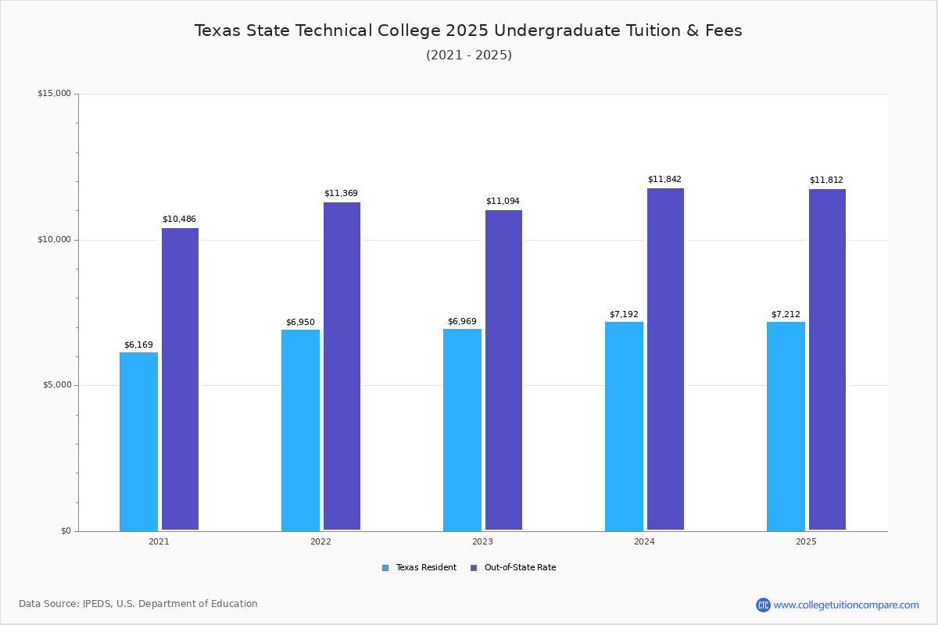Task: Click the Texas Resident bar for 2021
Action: click(138, 441)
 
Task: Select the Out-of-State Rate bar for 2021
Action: click(180, 379)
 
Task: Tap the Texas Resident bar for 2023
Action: click(462, 430)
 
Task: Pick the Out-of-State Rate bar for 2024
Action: click(665, 359)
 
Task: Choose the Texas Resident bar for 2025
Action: click(786, 427)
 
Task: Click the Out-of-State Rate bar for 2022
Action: click(342, 366)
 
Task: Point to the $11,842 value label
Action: click(664, 179)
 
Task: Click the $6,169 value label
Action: click(138, 345)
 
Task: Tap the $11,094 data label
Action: click(503, 201)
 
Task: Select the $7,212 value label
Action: click(786, 314)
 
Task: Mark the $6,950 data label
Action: click(300, 322)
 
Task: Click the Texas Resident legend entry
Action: click(419, 567)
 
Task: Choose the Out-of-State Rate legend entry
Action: click(514, 567)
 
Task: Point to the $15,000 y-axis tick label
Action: click(55, 93)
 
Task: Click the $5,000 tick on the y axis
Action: click(57, 384)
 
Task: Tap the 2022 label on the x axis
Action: click(320, 541)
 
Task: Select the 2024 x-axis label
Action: click(644, 541)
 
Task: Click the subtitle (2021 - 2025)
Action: click(469, 55)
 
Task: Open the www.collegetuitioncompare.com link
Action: click(847, 605)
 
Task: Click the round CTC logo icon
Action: click(763, 605)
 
